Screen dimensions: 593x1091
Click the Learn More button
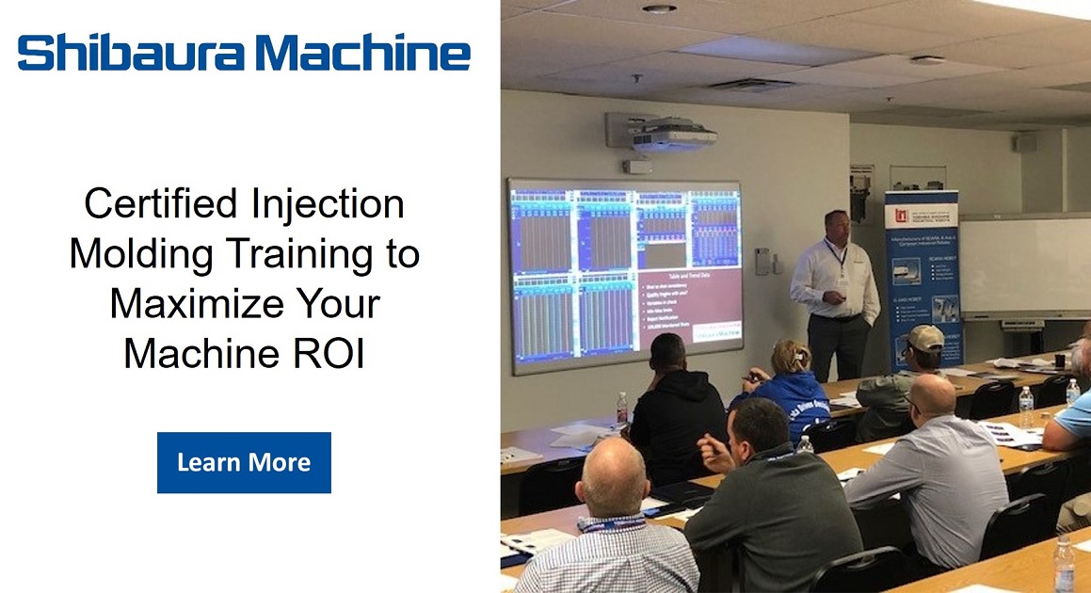pyautogui.click(x=244, y=462)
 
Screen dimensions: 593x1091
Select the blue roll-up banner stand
pyautogui.click(x=923, y=273)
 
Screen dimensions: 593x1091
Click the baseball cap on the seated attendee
pyautogui.click(x=925, y=337)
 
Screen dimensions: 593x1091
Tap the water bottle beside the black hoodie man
pyautogui.click(x=622, y=409)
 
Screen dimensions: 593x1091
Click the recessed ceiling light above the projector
pyautogui.click(x=659, y=8)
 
